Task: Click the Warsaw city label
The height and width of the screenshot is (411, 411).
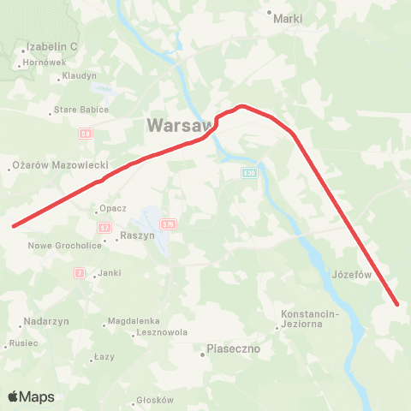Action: pyautogui.click(x=179, y=125)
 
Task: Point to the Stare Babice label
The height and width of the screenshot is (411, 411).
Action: pyautogui.click(x=81, y=110)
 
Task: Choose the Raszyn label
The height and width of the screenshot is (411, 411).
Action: pyautogui.click(x=137, y=235)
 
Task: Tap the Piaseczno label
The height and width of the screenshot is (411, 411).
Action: pyautogui.click(x=233, y=349)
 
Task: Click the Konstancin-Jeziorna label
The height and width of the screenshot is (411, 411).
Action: pyautogui.click(x=311, y=319)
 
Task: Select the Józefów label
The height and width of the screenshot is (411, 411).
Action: pyautogui.click(x=348, y=275)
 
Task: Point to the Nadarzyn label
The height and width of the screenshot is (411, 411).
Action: pyautogui.click(x=45, y=325)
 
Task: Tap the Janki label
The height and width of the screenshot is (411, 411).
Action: pyautogui.click(x=109, y=273)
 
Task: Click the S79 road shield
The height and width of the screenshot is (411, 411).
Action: pyautogui.click(x=168, y=224)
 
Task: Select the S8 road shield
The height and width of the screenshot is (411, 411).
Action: pyautogui.click(x=85, y=134)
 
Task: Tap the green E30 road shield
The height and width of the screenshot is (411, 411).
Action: pyautogui.click(x=248, y=174)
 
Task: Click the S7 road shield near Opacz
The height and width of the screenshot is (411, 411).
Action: pyautogui.click(x=104, y=228)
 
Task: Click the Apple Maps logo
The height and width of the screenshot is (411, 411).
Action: pyautogui.click(x=31, y=396)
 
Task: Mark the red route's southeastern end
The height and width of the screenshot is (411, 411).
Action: pyautogui.click(x=397, y=303)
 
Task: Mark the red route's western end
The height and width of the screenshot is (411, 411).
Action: pyautogui.click(x=14, y=226)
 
